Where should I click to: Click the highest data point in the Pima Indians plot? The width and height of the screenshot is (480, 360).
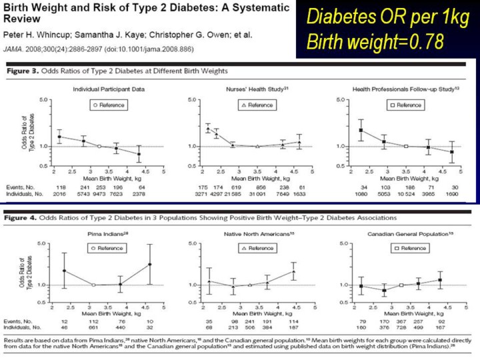tap(150, 264)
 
